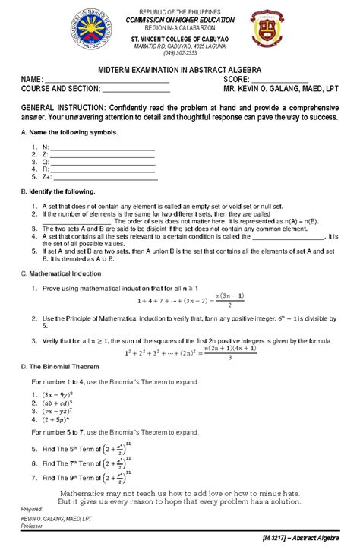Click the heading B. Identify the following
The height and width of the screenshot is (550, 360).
coord(58,192)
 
